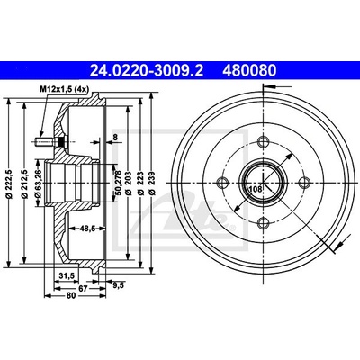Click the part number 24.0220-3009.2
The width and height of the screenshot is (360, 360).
coord(147,71)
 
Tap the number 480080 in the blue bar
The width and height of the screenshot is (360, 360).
coord(249,71)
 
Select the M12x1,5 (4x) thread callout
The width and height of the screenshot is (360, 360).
coord(64,89)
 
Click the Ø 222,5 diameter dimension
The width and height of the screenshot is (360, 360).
coord(9,182)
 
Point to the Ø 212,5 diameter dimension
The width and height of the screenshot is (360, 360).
coord(25,184)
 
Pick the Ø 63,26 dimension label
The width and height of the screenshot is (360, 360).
coord(38,183)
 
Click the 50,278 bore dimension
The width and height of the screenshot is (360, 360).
coord(118,183)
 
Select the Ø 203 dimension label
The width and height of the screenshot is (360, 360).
coord(130,183)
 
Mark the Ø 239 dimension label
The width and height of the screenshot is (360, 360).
coord(152,183)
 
